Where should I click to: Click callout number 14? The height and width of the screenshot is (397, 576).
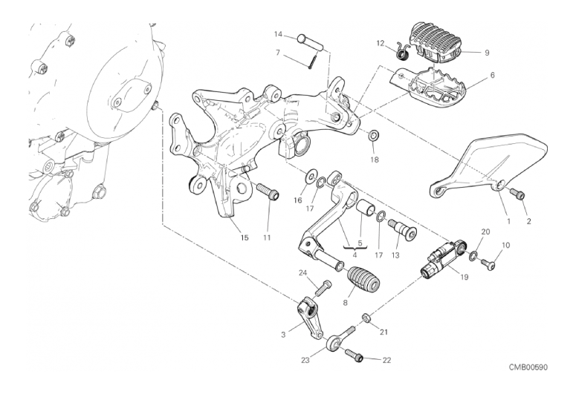pos(278,34)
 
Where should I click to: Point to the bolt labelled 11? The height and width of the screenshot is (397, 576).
pos(267,193)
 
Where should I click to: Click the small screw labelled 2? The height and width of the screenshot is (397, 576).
pos(519,194)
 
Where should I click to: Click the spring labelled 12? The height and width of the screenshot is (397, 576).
pos(403,50)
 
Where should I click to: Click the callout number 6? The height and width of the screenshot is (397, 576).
pos(492,75)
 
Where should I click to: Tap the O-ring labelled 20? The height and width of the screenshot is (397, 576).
pos(472,256)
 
